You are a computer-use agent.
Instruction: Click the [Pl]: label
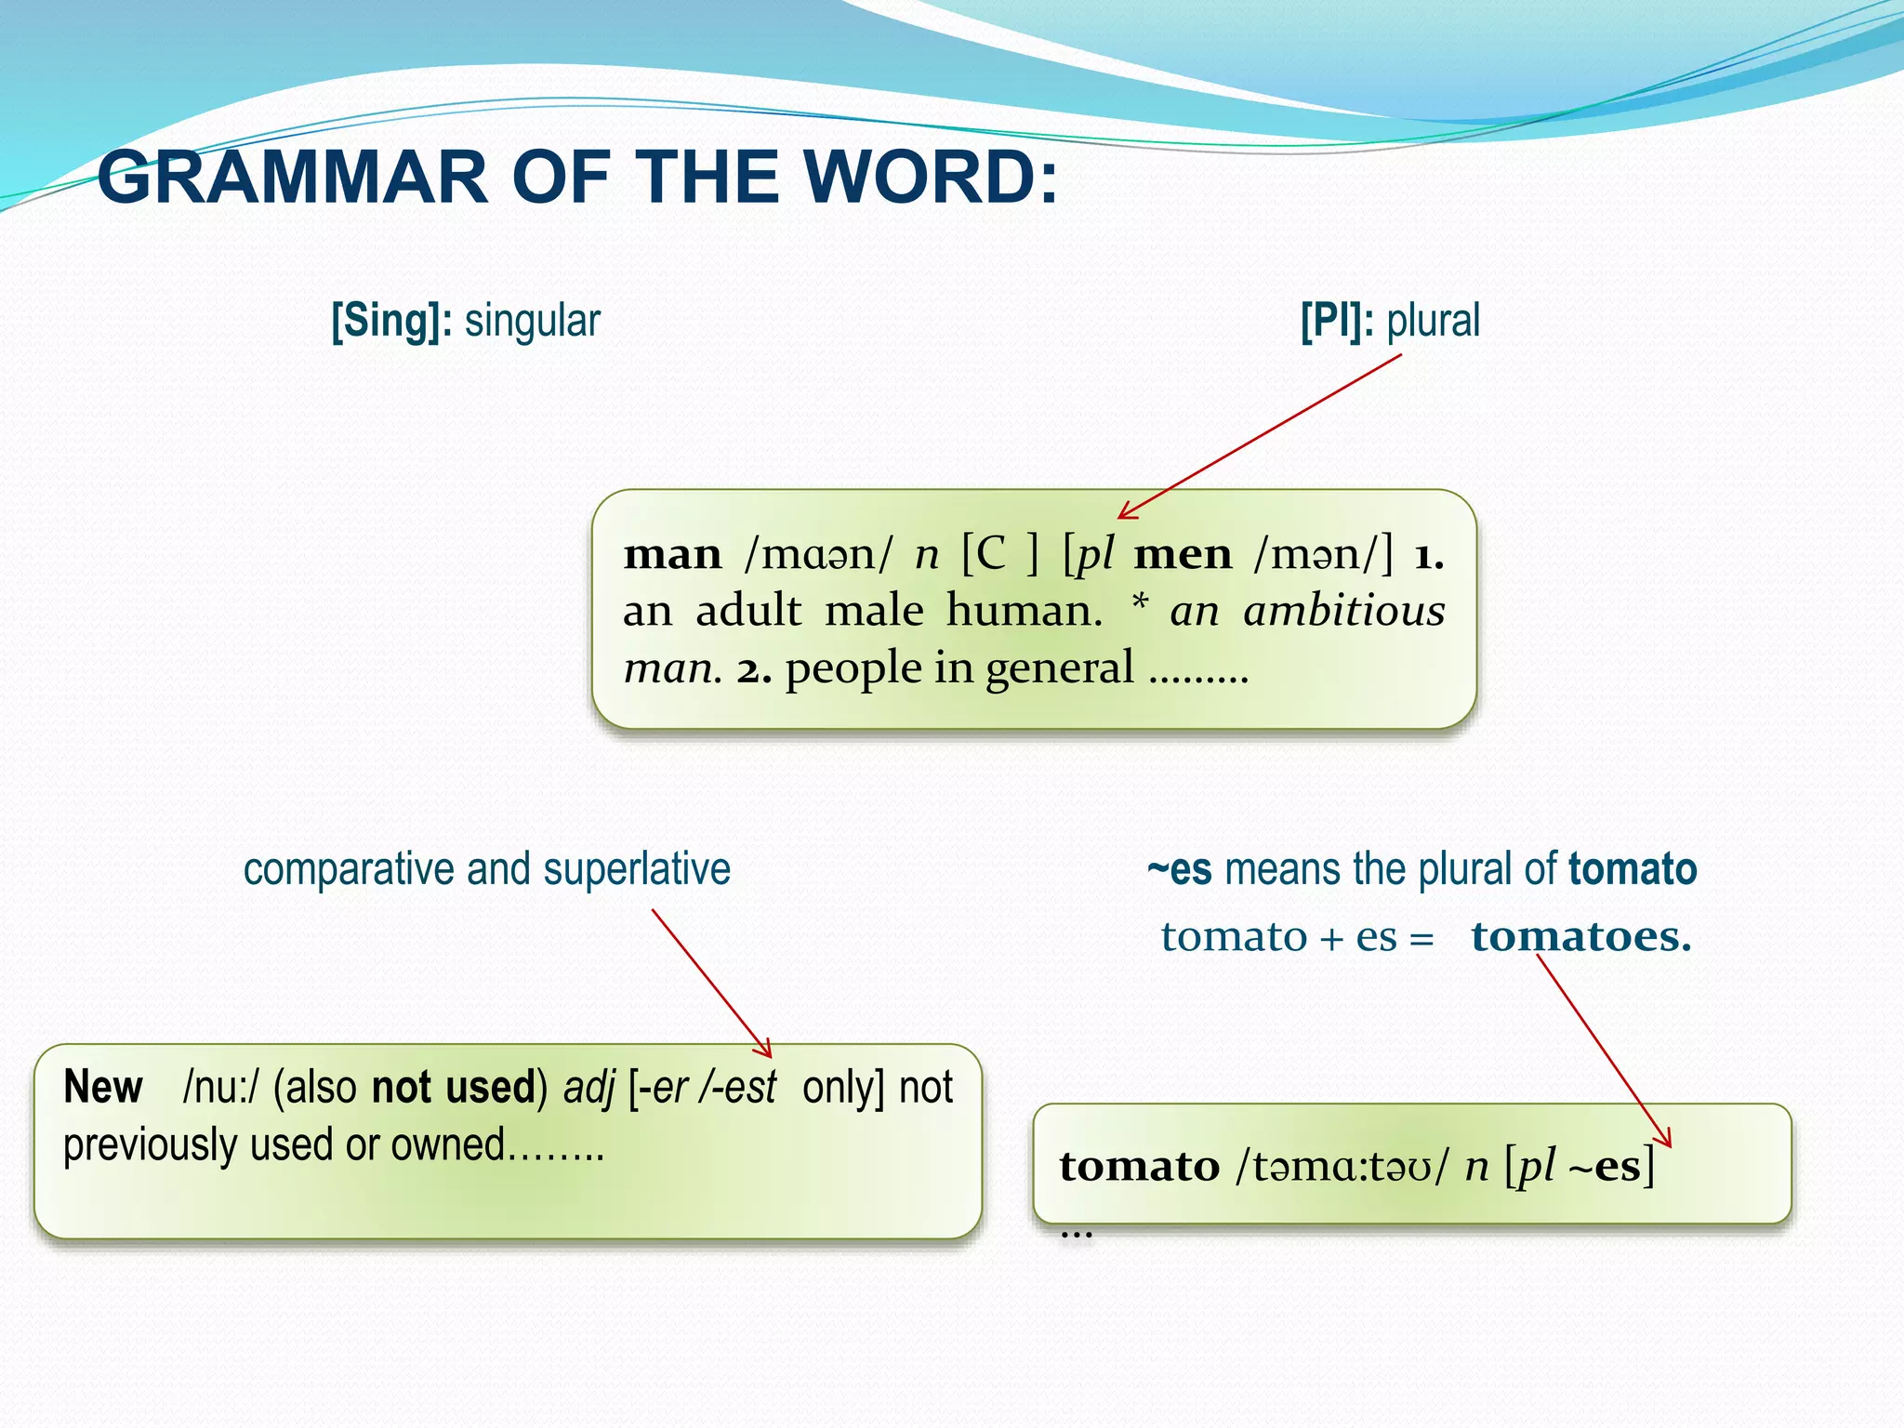[1337, 321]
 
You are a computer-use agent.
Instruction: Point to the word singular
[532, 321]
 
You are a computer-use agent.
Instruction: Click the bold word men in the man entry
[1183, 555]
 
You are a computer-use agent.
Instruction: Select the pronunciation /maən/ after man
[817, 555]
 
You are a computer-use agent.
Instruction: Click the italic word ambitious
[1343, 612]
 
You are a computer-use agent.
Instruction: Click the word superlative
[637, 869]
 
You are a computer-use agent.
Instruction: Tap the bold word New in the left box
[103, 1087]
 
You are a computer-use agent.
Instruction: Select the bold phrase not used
[454, 1087]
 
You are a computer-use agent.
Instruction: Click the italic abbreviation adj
[588, 1088]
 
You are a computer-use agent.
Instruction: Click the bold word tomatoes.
[1580, 936]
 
